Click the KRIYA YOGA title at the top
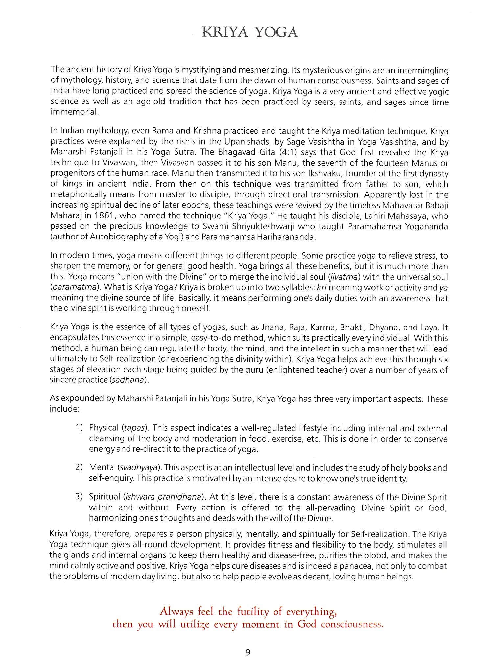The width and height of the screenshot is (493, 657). click(x=250, y=32)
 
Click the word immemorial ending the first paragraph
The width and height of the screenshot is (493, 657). click(x=74, y=112)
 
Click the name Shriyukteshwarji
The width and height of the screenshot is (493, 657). click(x=314, y=226)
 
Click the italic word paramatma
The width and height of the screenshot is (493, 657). click(x=74, y=287)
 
